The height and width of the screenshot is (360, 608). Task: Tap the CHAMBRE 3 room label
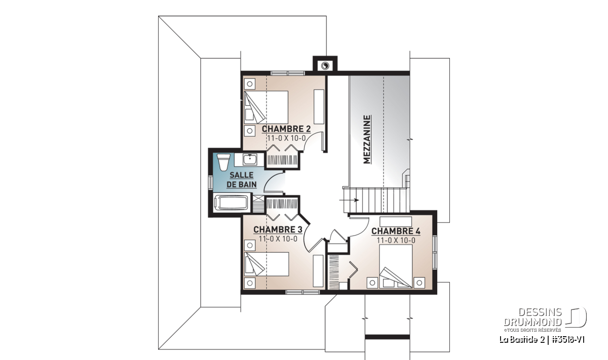278,230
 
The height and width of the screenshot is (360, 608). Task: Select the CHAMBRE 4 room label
396,231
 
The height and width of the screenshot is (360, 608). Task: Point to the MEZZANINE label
367,140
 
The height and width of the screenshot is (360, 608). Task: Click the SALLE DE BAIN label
242,180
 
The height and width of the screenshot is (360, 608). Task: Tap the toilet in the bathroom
223,162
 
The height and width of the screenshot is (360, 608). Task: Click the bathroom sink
250,159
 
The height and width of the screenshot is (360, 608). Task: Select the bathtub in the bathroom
231,203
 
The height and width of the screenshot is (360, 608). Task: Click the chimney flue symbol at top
325,66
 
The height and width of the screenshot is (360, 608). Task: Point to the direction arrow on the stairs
349,200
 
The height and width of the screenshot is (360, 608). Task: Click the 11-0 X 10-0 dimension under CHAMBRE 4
396,241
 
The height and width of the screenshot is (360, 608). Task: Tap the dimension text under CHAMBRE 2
286,138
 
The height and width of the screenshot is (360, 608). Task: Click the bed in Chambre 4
396,266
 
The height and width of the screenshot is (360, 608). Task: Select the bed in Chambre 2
266,107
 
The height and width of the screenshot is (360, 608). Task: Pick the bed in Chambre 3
267,264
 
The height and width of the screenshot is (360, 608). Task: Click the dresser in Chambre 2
319,107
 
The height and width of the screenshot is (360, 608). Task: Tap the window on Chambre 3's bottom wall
302,292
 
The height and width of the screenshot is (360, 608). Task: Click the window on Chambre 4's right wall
435,252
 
